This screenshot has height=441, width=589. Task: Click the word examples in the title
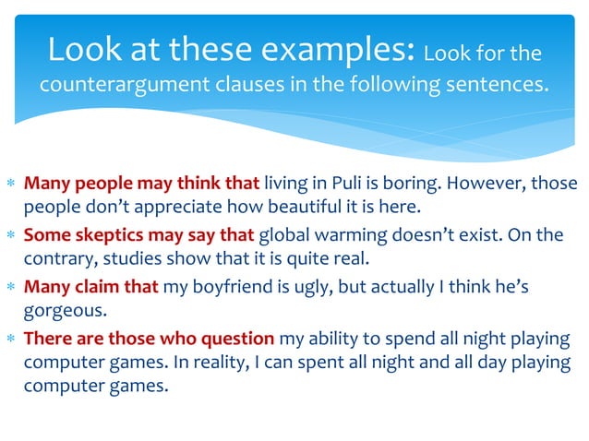click(342, 49)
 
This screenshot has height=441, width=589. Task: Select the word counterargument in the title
click(122, 87)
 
